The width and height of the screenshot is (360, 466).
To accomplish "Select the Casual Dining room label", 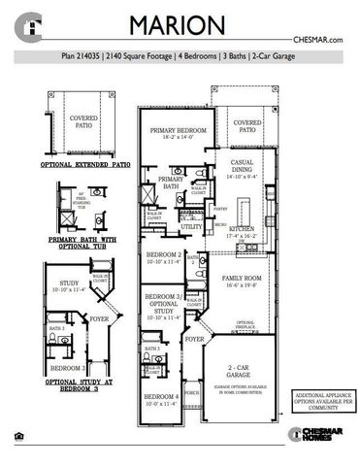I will pyautogui.click(x=245, y=172).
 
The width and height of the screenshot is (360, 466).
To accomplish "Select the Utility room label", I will pyautogui.click(x=191, y=226).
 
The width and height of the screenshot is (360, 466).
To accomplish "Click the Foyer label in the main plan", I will pyautogui.click(x=195, y=340).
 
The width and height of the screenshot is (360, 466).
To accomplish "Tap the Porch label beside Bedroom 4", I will pyautogui.click(x=191, y=393).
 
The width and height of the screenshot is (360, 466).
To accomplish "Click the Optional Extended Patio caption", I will pyautogui.click(x=85, y=166).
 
